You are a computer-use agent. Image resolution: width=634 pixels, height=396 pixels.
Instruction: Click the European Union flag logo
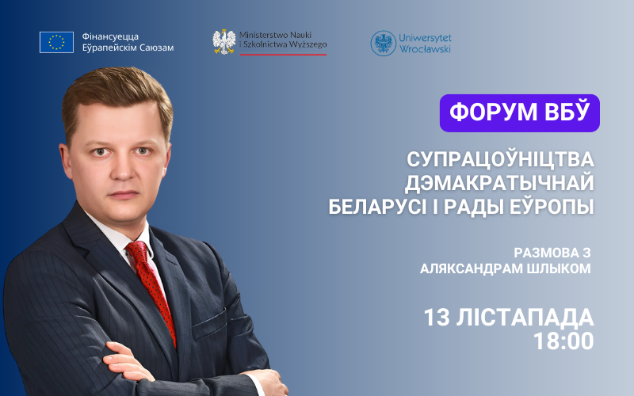(56, 43)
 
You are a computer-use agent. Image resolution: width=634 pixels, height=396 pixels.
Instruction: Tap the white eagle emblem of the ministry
(224, 42)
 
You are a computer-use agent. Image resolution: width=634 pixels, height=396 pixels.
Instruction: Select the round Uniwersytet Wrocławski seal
(383, 44)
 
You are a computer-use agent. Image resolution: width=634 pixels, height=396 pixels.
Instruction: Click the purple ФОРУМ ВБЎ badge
(520, 113)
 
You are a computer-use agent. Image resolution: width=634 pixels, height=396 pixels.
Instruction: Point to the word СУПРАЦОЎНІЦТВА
(501, 159)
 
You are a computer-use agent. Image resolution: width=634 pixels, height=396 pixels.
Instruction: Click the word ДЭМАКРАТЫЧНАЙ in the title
(499, 183)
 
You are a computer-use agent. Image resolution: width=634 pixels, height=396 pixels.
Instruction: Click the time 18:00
(563, 341)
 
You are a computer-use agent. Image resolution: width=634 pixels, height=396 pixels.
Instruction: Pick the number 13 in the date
(437, 318)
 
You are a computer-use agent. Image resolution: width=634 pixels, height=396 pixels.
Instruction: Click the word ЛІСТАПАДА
(525, 318)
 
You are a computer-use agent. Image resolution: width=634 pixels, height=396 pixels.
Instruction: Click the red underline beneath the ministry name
(283, 54)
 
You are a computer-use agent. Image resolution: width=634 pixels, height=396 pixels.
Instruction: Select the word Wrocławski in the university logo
(425, 49)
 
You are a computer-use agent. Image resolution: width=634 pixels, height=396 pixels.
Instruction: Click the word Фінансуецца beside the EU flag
(110, 36)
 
